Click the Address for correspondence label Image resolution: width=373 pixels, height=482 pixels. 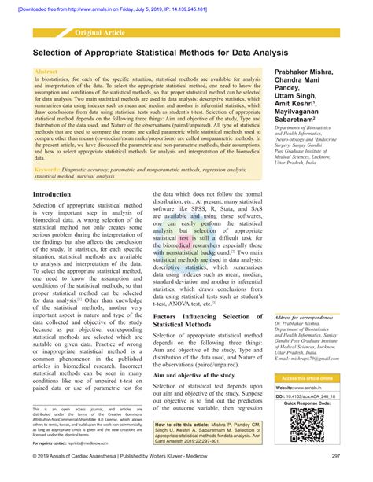312,318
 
